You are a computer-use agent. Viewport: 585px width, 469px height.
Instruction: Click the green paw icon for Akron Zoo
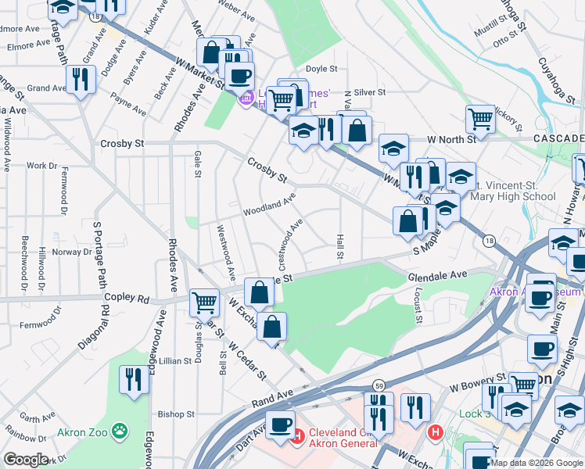[119, 429]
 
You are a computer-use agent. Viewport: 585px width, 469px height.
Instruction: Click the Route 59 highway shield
[379, 385]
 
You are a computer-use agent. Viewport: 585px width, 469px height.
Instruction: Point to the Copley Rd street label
[127, 299]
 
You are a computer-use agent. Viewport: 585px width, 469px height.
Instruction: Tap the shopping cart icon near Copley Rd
[204, 301]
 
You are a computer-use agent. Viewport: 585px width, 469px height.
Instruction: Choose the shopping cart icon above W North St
[480, 120]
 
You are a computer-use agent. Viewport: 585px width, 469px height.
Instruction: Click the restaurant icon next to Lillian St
[134, 381]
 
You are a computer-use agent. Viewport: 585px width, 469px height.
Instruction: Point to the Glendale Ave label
[436, 274]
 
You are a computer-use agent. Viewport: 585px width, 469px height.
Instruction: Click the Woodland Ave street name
[268, 206]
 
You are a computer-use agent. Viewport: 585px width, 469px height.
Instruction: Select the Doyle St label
[321, 69]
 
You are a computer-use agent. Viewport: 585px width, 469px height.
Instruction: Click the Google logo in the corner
[26, 460]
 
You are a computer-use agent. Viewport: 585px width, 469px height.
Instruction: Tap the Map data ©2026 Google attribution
[537, 463]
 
